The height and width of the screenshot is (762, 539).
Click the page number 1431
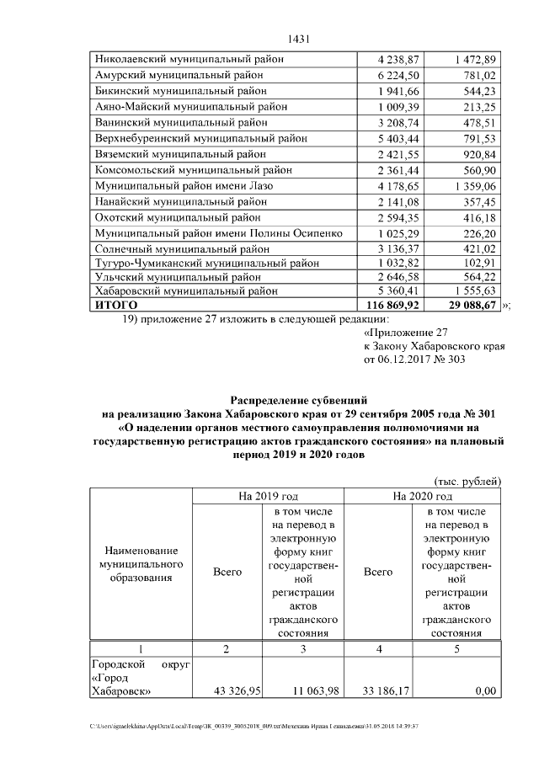click(301, 39)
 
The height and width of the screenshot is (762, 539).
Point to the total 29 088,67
click(472, 304)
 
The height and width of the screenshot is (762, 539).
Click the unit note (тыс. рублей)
click(468, 481)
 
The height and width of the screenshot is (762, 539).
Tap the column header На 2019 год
click(268, 497)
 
